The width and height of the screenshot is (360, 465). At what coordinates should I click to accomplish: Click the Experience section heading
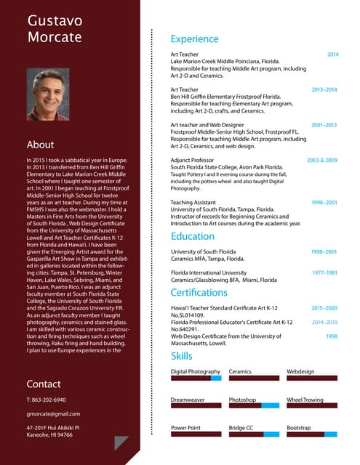[x=194, y=39]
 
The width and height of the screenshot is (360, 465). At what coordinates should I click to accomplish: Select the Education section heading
[x=192, y=236]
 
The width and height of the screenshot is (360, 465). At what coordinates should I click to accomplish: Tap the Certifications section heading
[x=199, y=292]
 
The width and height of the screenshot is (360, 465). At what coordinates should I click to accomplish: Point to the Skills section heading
[x=181, y=356]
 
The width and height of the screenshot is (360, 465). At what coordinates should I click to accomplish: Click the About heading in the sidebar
[x=40, y=145]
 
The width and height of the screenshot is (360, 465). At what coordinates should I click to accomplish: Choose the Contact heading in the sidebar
[x=44, y=384]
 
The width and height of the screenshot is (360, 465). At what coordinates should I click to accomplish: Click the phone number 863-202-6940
[x=46, y=400]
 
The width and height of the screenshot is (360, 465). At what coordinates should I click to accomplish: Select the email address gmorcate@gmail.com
[x=52, y=413]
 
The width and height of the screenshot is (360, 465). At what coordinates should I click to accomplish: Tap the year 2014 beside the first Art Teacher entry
[x=332, y=54]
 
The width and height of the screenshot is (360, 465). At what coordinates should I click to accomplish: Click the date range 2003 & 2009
[x=322, y=160]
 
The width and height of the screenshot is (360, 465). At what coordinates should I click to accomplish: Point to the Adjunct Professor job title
[x=192, y=160]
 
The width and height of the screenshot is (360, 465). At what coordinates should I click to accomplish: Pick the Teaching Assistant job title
[x=193, y=203]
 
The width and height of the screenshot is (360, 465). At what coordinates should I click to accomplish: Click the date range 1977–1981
[x=324, y=272]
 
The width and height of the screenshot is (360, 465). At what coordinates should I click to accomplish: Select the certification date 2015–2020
[x=324, y=308]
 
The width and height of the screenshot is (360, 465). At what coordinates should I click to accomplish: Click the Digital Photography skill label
[x=195, y=371]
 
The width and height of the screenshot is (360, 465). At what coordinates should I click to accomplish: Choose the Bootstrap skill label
[x=298, y=428]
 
